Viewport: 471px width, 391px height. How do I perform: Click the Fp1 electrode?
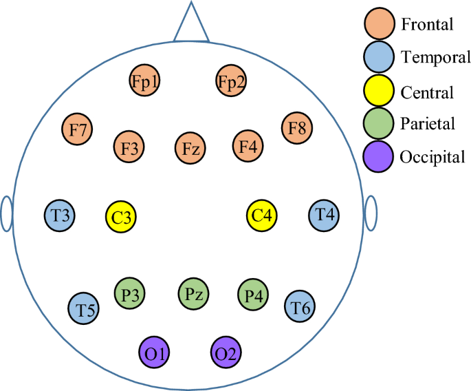[145, 82]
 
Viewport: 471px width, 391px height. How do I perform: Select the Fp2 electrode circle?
[231, 82]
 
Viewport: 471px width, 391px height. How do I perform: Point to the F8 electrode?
[298, 128]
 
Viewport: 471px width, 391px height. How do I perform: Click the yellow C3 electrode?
[122, 217]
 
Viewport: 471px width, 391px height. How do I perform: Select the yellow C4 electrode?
[263, 215]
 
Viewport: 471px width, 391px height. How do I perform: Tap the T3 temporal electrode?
[60, 215]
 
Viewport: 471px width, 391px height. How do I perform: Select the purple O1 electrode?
[155, 352]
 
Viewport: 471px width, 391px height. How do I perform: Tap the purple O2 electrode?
[227, 352]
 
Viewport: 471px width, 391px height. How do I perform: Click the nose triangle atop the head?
[192, 25]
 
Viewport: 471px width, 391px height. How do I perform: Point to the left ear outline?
[6, 214]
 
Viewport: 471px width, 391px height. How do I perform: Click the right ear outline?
[371, 213]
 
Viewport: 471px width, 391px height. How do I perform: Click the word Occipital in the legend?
[432, 156]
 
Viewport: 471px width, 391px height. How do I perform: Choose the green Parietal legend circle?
[380, 124]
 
